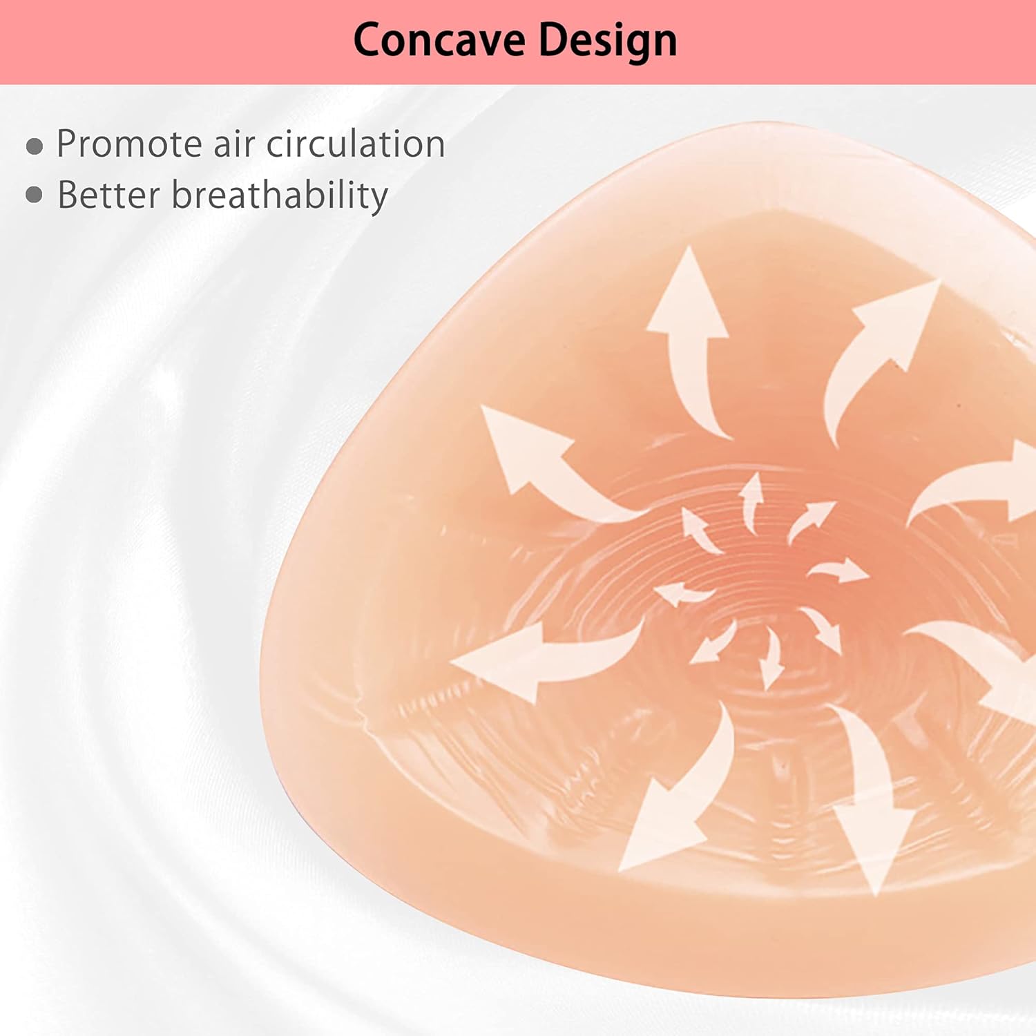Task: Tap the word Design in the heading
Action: tap(607, 41)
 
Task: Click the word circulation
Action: tap(355, 144)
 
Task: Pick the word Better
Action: tap(108, 195)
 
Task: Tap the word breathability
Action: tap(280, 196)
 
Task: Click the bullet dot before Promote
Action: tap(35, 146)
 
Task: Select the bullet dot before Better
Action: tap(35, 195)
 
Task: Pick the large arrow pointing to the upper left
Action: tap(546, 463)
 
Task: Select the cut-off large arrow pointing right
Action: tap(981, 483)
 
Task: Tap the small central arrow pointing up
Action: tap(751, 501)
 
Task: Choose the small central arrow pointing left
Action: tap(680, 593)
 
